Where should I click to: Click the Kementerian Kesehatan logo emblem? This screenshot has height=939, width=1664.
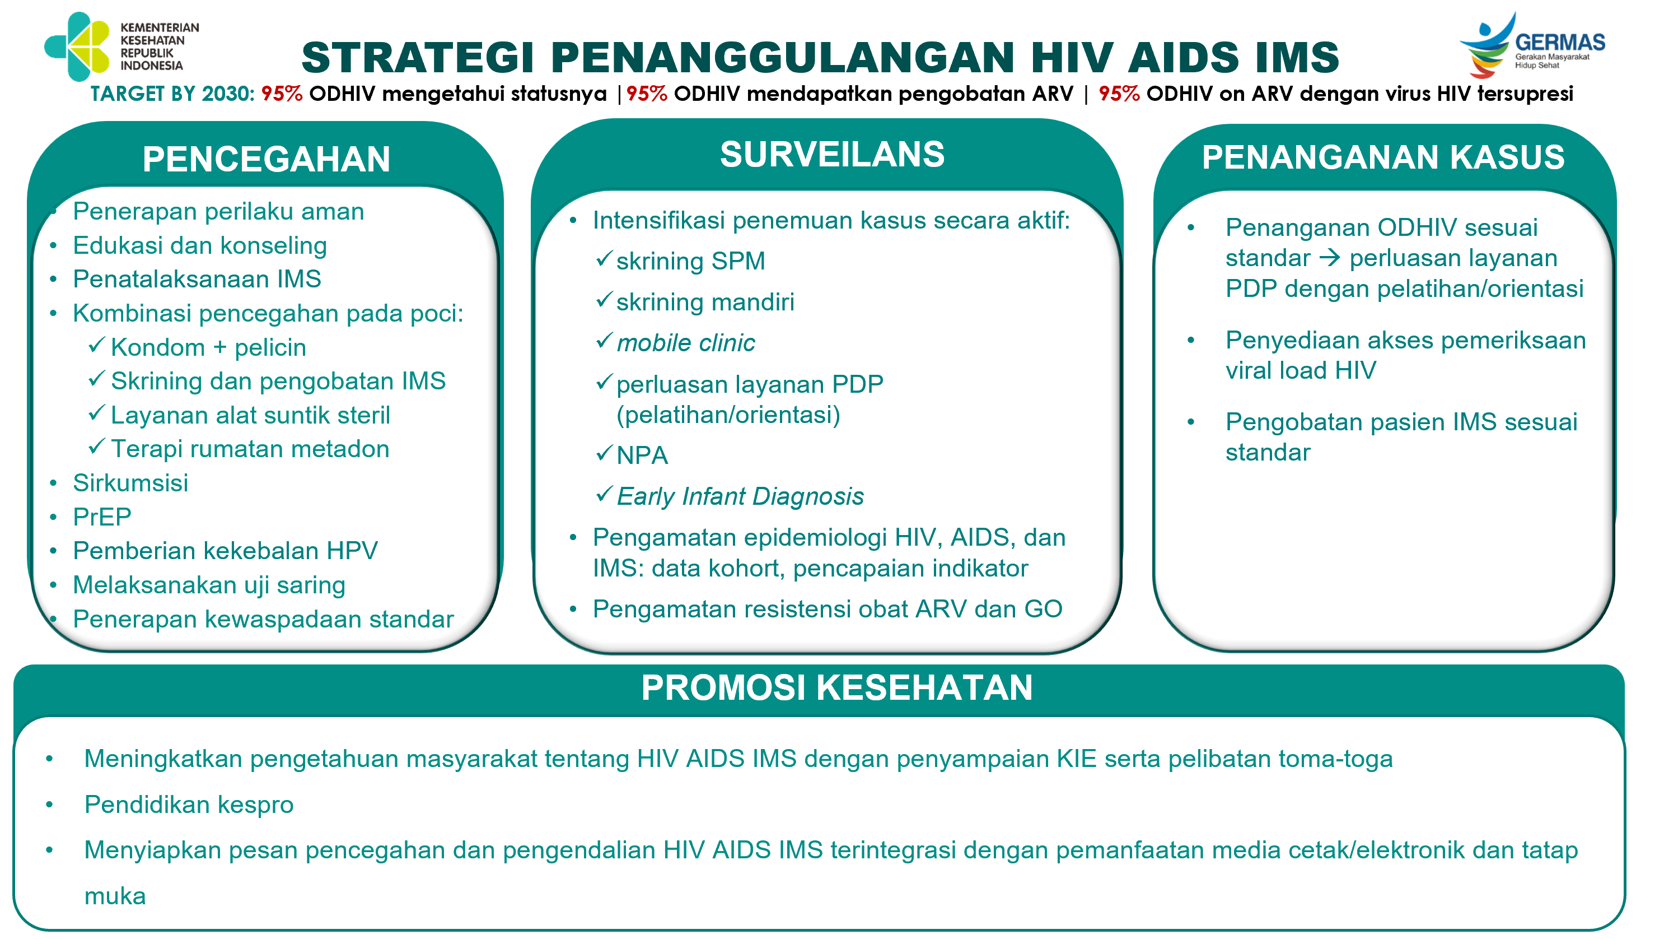pos(77,47)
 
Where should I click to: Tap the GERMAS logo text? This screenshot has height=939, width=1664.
pos(1559,43)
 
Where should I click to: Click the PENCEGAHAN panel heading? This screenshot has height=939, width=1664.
pos(266,159)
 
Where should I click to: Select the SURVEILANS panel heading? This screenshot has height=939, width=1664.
pos(832,155)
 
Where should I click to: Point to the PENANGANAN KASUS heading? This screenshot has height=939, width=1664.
pos(1383,157)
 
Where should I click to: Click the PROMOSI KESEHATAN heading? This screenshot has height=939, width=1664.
pos(836,687)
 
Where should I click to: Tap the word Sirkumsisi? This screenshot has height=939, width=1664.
pos(130,483)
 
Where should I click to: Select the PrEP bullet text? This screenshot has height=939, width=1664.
pos(102,517)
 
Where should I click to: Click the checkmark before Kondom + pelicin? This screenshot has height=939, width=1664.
pos(96,345)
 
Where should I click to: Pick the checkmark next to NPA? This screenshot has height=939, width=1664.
pos(604,453)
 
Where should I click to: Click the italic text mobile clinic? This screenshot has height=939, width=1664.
pos(685,342)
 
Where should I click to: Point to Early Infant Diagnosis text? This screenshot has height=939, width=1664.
pos(740,496)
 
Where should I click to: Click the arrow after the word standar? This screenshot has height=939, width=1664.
pos(1329,258)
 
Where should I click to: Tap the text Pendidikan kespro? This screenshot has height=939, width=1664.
pos(189,805)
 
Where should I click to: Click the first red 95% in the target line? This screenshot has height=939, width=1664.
pos(282,94)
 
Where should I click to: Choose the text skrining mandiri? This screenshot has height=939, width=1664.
pos(705,302)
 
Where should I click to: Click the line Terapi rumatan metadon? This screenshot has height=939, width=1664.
pos(250,449)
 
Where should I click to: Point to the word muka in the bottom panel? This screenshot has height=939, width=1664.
pos(115,896)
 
